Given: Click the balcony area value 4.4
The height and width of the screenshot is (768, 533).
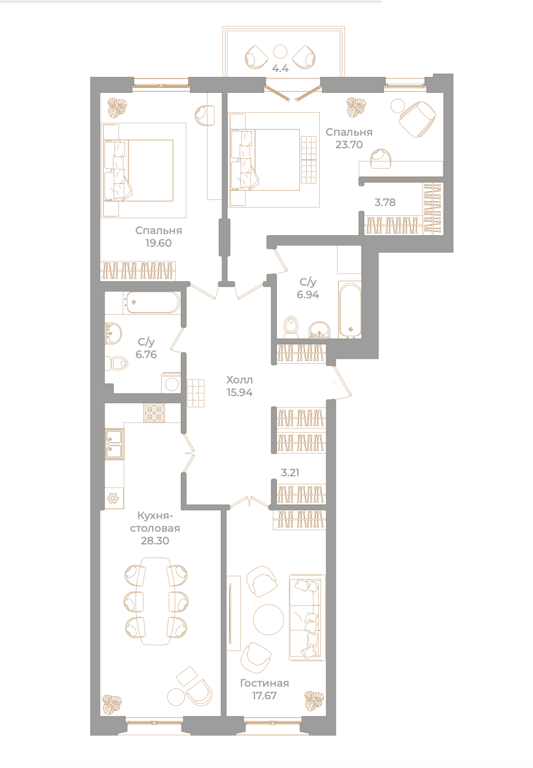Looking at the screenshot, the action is (x=280, y=68).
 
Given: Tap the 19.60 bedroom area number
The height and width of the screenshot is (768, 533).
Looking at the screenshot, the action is (x=158, y=243).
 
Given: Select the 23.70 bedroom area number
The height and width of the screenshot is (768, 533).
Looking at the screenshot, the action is (x=349, y=144).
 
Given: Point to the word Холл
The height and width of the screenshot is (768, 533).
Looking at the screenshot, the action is (x=240, y=380).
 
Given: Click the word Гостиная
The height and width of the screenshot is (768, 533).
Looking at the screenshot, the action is (x=264, y=690).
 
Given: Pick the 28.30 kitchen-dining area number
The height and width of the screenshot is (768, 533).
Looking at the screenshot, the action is (x=155, y=541).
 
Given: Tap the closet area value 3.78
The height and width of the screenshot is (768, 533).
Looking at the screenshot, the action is (x=385, y=202).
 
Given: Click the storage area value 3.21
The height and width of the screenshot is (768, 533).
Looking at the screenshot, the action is (x=290, y=472).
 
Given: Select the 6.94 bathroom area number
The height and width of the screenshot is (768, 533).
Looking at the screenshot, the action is (x=308, y=294).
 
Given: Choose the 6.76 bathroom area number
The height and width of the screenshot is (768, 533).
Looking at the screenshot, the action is (x=146, y=354).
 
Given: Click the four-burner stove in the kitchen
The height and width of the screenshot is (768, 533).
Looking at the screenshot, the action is (x=154, y=413).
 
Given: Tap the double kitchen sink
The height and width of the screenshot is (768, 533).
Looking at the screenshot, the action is (x=114, y=444).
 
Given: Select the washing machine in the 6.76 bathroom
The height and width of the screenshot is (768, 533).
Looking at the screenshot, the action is (x=171, y=383).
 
